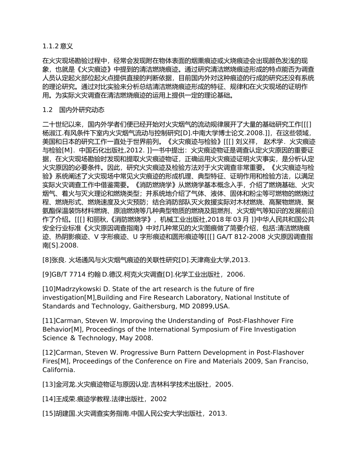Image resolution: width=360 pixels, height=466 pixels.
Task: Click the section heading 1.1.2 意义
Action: coord(58,46)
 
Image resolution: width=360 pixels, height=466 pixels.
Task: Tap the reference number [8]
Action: coord(47,260)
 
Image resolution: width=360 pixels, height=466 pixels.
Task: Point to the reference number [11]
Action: coord(49,321)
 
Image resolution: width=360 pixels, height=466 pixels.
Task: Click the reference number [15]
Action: coord(49,414)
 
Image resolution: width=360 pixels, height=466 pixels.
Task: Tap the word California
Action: coord(58,370)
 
